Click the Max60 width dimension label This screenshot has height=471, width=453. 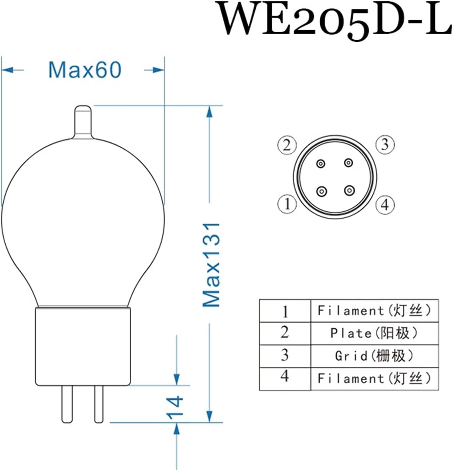tap(85, 70)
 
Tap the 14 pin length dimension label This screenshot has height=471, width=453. tap(175, 407)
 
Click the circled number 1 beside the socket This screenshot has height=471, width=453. tap(287, 204)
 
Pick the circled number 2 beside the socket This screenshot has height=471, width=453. tap(287, 145)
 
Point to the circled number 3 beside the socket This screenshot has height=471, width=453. tap(385, 145)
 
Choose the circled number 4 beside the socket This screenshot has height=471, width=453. tap(385, 205)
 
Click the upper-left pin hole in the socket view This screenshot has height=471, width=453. tap(321, 164)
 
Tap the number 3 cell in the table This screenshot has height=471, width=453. tap(285, 355)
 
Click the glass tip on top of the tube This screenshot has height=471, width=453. tap(83, 121)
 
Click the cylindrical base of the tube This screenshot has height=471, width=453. tap(83, 346)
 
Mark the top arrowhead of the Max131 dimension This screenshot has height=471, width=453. tap(210, 112)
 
